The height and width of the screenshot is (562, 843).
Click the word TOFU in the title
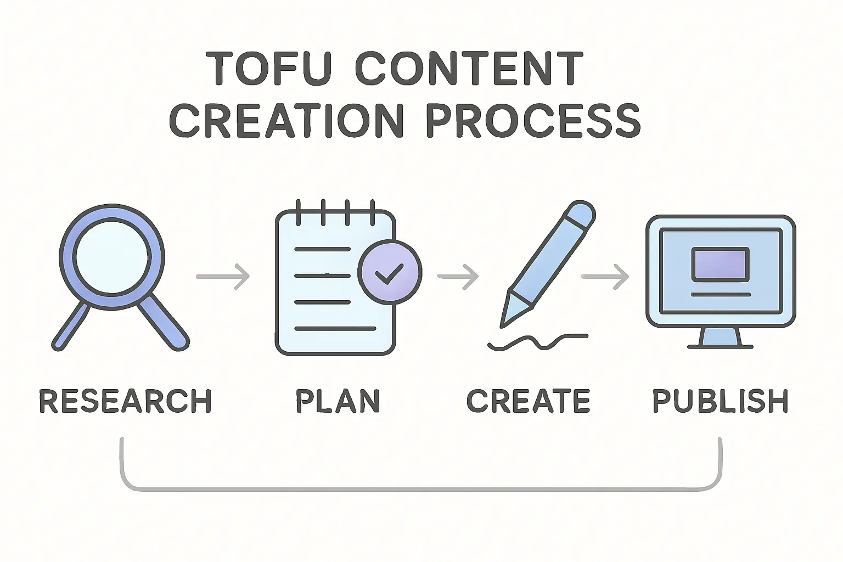click(x=269, y=69)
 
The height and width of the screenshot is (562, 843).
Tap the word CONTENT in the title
click(x=469, y=69)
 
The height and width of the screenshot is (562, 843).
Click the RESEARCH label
click(x=125, y=401)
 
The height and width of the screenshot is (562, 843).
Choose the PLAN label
click(x=338, y=401)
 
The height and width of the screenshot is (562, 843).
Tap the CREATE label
click(x=528, y=401)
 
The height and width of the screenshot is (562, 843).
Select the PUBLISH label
click(x=720, y=401)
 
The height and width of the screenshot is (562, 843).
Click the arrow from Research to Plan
click(x=223, y=276)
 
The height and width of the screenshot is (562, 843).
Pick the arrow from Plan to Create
click(x=458, y=276)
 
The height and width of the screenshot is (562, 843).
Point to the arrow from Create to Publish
click(x=605, y=276)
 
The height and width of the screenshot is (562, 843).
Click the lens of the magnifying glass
click(x=112, y=257)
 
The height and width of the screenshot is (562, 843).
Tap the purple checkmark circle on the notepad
click(x=390, y=272)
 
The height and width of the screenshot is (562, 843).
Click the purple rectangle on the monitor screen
click(x=720, y=264)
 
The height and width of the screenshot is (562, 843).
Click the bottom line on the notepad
click(x=335, y=329)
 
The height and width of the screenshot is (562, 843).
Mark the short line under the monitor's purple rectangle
click(x=720, y=295)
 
